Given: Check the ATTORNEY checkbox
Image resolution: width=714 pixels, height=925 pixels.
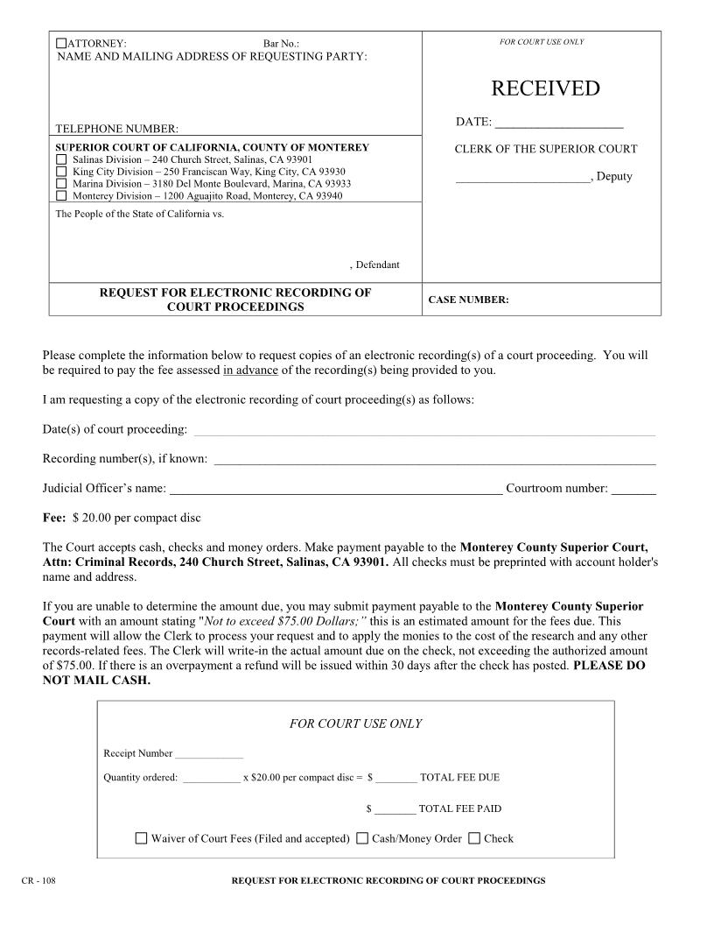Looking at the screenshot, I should tap(61, 43).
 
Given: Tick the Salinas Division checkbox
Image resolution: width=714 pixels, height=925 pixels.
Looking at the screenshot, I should tap(61, 160).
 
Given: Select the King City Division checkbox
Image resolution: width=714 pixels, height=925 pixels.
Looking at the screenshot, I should tap(61, 172).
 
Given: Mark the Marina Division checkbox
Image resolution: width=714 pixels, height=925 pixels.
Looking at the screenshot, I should tap(61, 184).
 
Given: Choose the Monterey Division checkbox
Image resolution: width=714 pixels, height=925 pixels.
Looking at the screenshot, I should tap(61, 196).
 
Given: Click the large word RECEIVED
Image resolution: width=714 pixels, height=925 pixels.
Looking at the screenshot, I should tap(545, 88).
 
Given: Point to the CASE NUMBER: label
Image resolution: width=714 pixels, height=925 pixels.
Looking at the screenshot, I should tap(468, 300).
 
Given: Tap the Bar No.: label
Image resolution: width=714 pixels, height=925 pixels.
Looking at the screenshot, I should tap(281, 43).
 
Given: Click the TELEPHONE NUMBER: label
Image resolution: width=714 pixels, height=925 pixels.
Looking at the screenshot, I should tap(117, 129).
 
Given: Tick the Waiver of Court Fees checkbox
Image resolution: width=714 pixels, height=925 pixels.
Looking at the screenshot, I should tap(142, 838).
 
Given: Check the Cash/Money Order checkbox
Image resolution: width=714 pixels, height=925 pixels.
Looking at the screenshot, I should tap(362, 838).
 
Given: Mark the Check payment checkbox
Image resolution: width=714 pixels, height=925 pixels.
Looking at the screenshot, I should tap(474, 838).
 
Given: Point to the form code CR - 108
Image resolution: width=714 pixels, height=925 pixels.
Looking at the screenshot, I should tap(38, 880).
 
